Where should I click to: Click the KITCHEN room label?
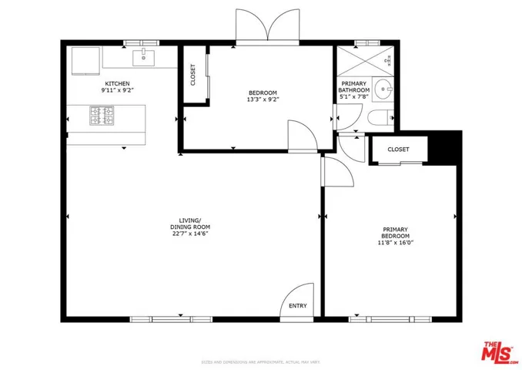click(x=118, y=82)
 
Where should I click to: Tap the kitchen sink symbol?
click(x=143, y=57)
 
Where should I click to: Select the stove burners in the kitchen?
click(x=102, y=117)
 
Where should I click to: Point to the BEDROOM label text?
click(x=263, y=91)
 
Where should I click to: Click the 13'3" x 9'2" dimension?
click(x=263, y=99)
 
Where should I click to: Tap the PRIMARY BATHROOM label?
click(x=354, y=86)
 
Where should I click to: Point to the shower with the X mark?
click(x=365, y=61)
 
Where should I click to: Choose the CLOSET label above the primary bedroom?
click(x=398, y=150)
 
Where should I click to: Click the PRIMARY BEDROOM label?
click(x=396, y=233)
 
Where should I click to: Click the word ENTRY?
click(x=297, y=306)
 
